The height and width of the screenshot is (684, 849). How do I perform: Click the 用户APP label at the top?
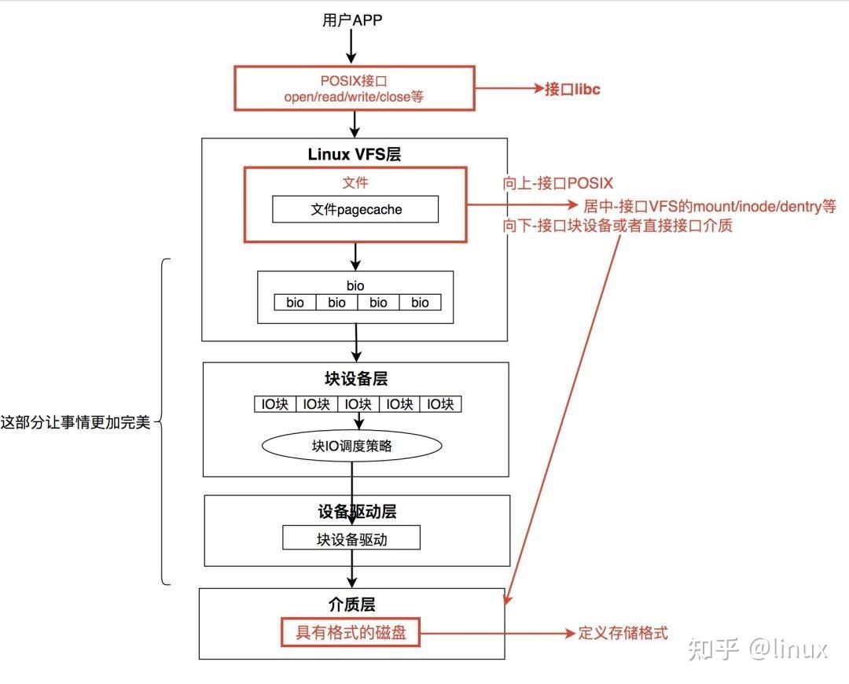[352, 20]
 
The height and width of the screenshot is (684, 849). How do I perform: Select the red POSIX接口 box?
[354, 88]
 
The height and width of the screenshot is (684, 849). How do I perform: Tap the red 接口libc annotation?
[572, 89]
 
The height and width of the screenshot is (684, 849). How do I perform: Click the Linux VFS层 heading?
[354, 154]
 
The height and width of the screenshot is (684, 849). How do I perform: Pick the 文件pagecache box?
[355, 209]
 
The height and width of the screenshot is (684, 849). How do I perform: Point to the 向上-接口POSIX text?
[557, 184]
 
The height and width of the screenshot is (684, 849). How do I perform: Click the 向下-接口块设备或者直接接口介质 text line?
[618, 226]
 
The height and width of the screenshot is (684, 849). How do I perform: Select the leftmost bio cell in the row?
[295, 302]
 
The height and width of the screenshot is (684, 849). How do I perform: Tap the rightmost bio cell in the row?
[420, 302]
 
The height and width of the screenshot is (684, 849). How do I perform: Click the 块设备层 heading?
[355, 378]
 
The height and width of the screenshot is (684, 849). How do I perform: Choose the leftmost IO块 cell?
[274, 404]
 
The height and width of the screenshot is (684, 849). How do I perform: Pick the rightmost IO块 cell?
[440, 404]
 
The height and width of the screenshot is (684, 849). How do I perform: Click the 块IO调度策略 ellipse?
[351, 446]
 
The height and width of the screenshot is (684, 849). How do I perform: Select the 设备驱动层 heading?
[357, 512]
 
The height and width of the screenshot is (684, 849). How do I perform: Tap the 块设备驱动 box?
[351, 539]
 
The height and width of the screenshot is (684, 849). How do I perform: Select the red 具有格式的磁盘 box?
[351, 632]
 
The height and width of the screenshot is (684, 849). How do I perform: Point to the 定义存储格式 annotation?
[623, 633]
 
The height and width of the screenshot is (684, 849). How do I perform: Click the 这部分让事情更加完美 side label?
[75, 423]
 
